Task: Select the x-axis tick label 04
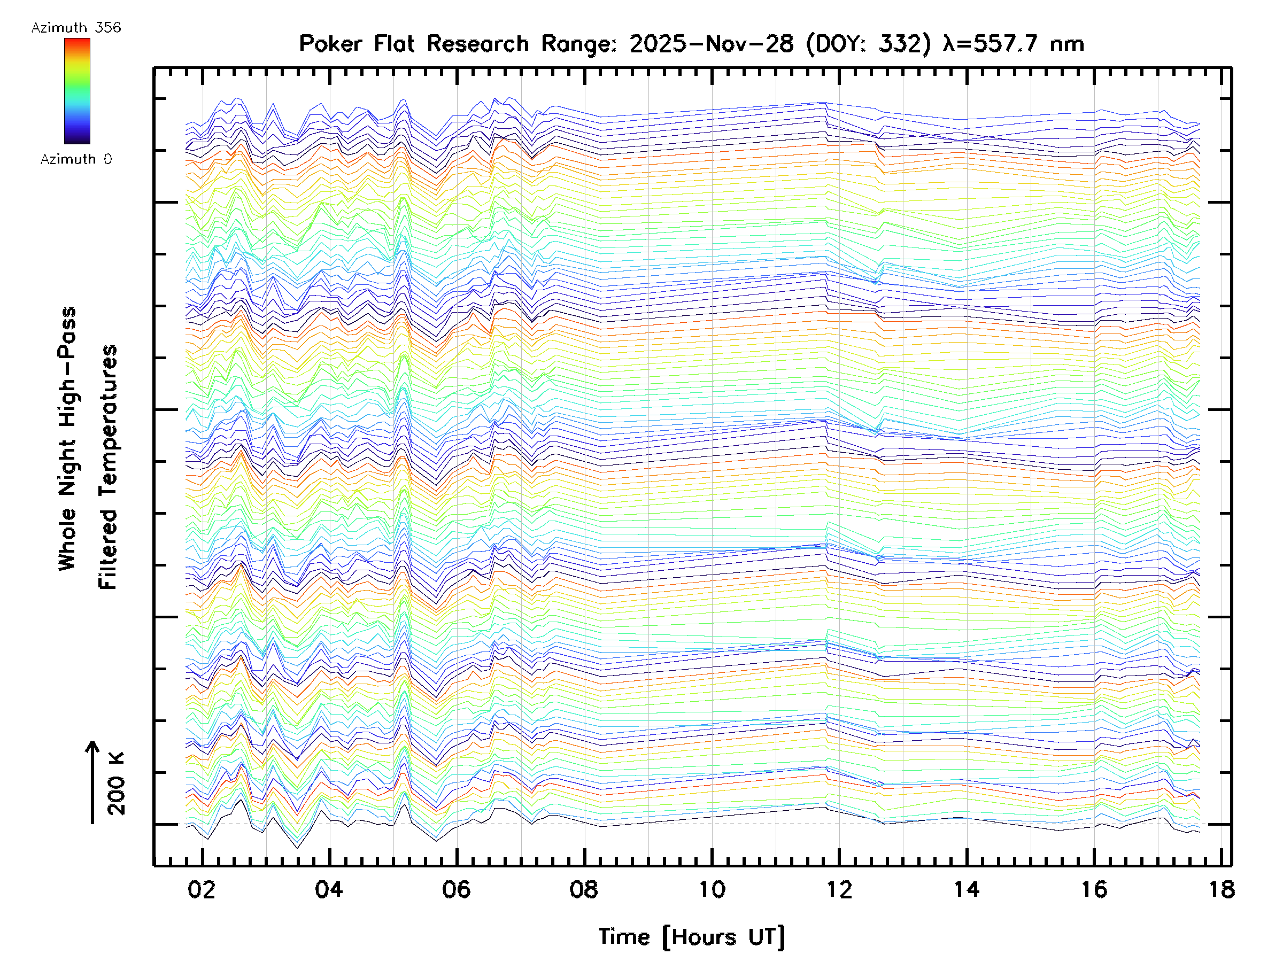(x=329, y=889)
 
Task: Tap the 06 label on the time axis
(x=457, y=889)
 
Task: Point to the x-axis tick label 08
(x=584, y=889)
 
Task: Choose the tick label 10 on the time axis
(x=712, y=889)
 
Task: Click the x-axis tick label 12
(x=839, y=889)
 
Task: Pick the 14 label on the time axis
(x=967, y=889)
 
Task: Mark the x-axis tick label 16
(x=1094, y=889)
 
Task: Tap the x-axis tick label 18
(x=1222, y=889)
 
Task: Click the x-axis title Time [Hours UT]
(x=691, y=937)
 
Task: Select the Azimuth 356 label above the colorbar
(x=76, y=28)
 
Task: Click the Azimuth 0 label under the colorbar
(x=76, y=159)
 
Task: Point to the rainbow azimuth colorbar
(x=77, y=91)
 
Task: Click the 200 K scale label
(x=117, y=783)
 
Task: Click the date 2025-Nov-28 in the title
(x=712, y=44)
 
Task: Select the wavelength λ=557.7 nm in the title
(x=1013, y=44)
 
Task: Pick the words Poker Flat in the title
(x=357, y=44)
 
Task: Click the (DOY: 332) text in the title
(x=869, y=44)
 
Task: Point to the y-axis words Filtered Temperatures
(x=109, y=467)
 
